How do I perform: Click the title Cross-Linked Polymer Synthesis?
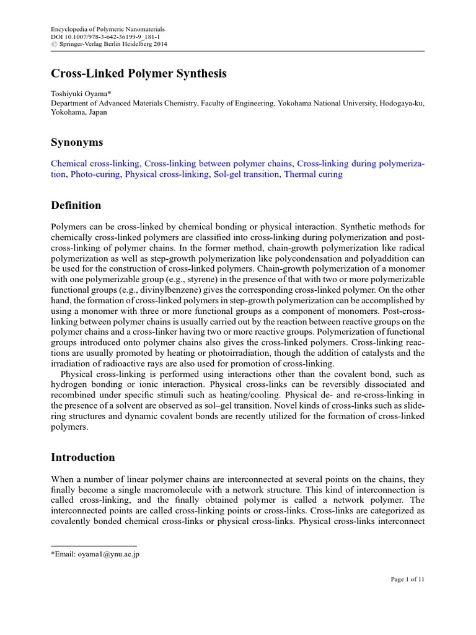pos(138,74)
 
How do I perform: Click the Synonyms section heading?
pos(76,143)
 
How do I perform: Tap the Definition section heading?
pos(76,205)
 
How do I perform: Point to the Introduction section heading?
pos(82,458)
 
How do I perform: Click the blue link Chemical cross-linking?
pos(95,164)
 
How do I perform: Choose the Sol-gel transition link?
pos(247,175)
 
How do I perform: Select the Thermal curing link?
pos(313,175)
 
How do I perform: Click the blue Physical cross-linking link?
pos(167,175)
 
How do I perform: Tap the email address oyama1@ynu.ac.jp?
pos(105,554)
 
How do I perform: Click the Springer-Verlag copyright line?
pos(108,45)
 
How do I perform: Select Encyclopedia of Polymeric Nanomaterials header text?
pos(107,30)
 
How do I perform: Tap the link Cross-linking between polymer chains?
pos(218,164)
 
